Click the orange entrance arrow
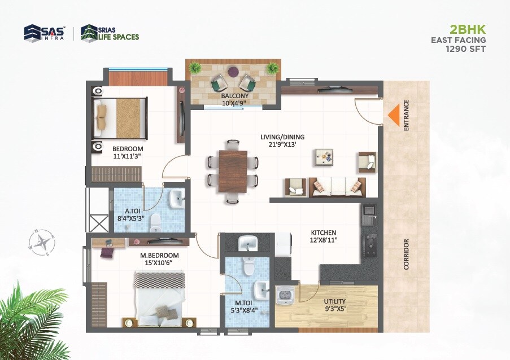pyautogui.click(x=393, y=115)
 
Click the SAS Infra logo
pyautogui.click(x=45, y=33)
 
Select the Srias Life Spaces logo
pyautogui.click(x=110, y=33)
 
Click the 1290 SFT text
pyautogui.click(x=466, y=49)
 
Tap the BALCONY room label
pyautogui.click(x=235, y=96)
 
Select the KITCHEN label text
pyautogui.click(x=323, y=232)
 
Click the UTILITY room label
pyautogui.click(x=335, y=301)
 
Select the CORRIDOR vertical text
pyautogui.click(x=406, y=254)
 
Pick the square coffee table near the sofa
pyautogui.click(x=324, y=157)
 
